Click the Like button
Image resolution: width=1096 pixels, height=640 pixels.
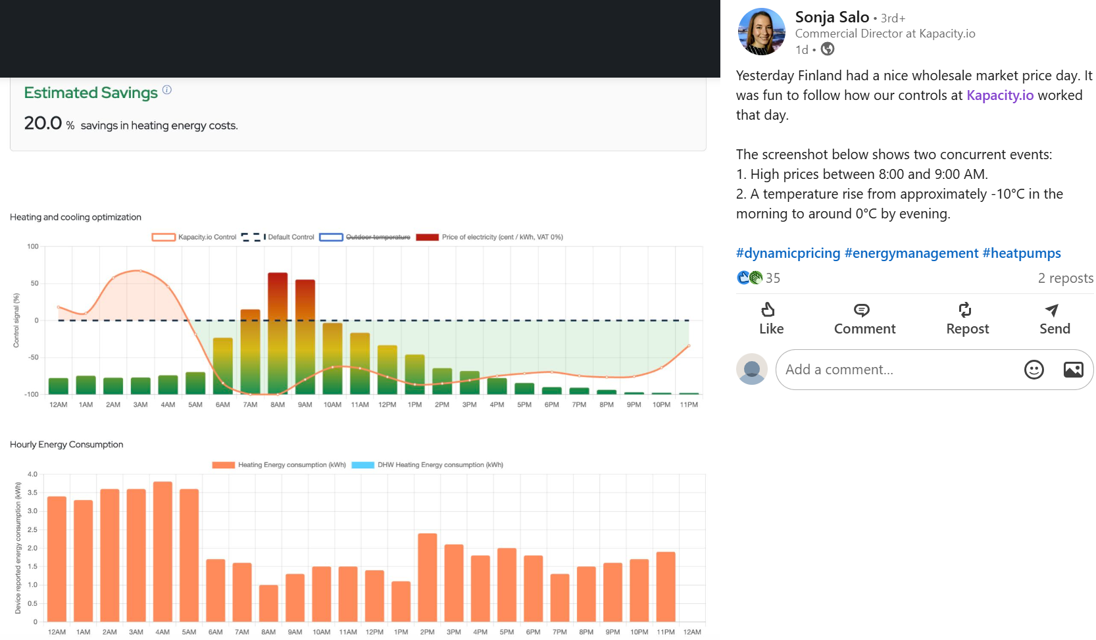tap(771, 319)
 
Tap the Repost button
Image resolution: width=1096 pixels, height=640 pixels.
tap(966, 319)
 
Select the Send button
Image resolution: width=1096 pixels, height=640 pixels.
tap(1054, 319)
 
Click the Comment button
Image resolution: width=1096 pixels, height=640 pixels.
tap(864, 319)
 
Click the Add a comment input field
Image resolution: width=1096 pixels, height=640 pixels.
tap(895, 370)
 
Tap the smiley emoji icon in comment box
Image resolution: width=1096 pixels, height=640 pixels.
tap(1034, 370)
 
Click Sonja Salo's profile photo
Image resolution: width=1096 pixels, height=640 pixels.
tap(761, 32)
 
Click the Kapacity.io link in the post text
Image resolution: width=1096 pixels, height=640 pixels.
tap(999, 95)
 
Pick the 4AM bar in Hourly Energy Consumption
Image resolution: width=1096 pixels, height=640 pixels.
tap(162, 551)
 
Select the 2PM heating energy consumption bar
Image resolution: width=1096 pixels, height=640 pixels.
tap(428, 577)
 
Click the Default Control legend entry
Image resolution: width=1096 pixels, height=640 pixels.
tap(278, 237)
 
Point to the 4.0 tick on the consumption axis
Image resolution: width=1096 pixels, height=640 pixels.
tap(32, 474)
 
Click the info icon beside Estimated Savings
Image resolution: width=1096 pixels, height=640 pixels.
tap(167, 90)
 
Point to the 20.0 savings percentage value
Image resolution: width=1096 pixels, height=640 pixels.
tap(43, 123)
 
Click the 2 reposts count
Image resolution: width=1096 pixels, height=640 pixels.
tap(1065, 278)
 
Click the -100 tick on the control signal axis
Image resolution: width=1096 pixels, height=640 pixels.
tap(32, 395)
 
